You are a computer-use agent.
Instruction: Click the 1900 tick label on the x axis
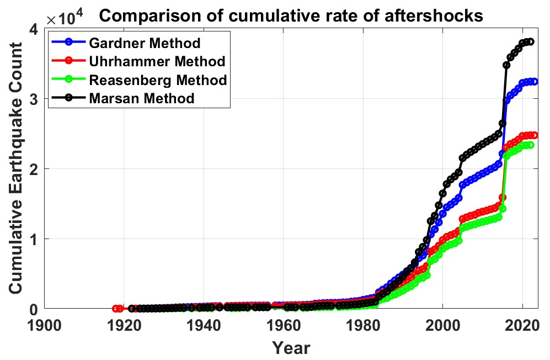tap(45, 324)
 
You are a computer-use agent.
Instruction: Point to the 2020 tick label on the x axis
tap(522, 324)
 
